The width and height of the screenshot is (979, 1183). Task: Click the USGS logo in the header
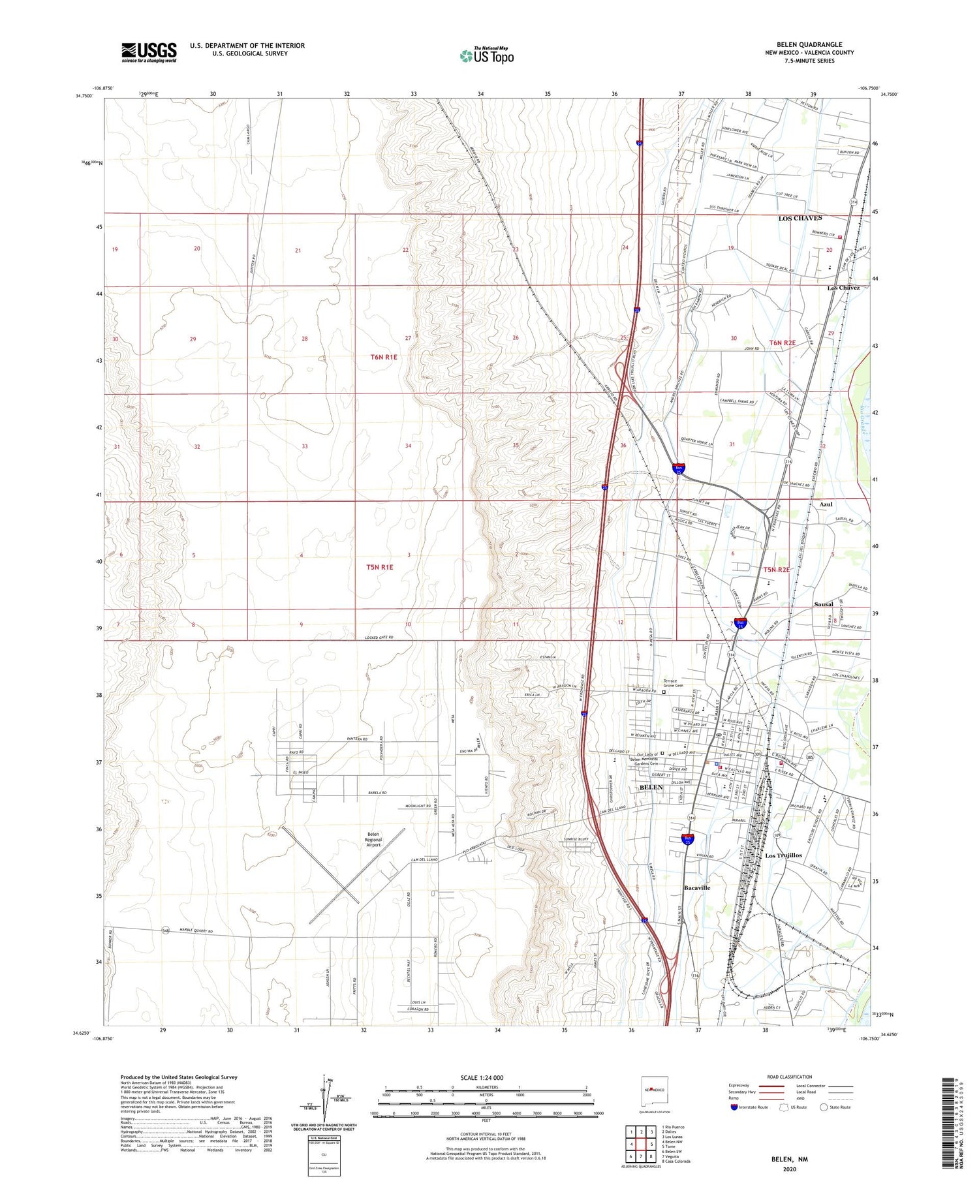(149, 52)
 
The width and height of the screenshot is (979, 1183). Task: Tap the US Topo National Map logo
(486, 56)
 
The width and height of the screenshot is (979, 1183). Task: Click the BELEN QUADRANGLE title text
(809, 44)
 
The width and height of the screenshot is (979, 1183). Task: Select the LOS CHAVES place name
(800, 218)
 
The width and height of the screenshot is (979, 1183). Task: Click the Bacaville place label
(696, 888)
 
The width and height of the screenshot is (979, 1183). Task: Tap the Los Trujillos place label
(783, 855)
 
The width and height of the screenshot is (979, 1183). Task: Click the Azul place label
(826, 504)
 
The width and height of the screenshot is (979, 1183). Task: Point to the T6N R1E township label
(383, 357)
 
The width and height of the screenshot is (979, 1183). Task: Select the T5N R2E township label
(777, 570)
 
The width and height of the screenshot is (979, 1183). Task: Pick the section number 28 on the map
(304, 339)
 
